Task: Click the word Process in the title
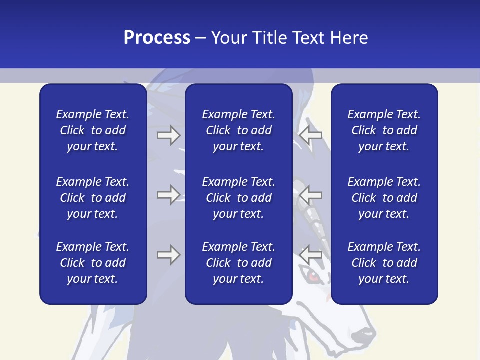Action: (x=157, y=38)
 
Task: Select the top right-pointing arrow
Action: (x=168, y=135)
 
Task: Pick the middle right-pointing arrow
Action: (x=168, y=194)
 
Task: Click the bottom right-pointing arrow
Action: (x=168, y=255)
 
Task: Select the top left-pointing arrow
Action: (x=311, y=135)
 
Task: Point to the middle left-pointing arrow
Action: (x=311, y=194)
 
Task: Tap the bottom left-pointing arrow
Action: (x=311, y=255)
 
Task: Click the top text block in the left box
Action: (x=93, y=130)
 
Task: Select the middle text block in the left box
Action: (x=93, y=198)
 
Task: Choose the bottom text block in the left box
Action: (x=93, y=263)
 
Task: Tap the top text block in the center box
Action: (x=238, y=130)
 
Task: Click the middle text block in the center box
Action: (x=238, y=198)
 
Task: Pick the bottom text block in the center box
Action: (x=238, y=263)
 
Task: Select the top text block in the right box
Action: (x=384, y=130)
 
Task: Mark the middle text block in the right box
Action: (x=384, y=198)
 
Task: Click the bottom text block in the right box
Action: (x=384, y=263)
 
